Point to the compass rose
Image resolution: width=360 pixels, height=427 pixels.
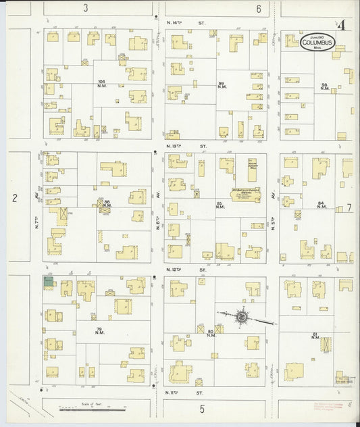(x=241, y=316)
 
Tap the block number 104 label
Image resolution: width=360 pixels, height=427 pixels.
(x=101, y=84)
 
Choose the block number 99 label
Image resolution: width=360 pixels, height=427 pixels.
(x=221, y=85)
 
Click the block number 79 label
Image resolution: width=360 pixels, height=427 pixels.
(x=99, y=330)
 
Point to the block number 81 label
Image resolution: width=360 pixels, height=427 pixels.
(x=315, y=336)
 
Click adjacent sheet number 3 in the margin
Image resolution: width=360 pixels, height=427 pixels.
(x=86, y=8)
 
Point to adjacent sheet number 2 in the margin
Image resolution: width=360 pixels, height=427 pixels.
(x=13, y=198)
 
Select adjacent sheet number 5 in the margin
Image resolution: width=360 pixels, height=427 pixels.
(x=201, y=409)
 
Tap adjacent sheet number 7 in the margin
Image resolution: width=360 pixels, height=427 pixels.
(x=349, y=207)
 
